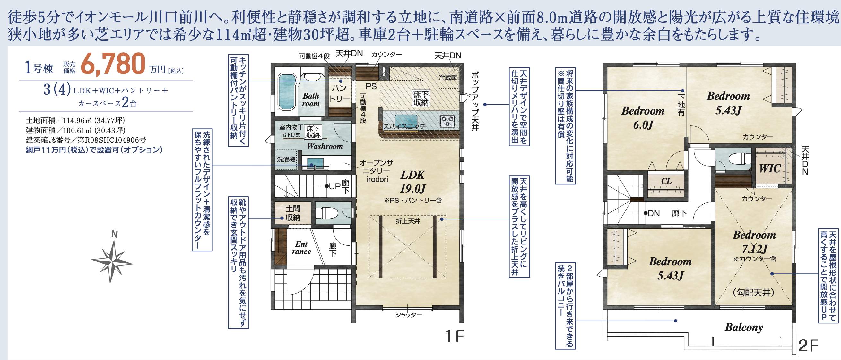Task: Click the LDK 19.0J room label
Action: pos(413,182)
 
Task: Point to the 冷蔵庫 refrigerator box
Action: pos(447,78)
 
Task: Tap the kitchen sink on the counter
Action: pos(406,119)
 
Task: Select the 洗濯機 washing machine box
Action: pos(286,159)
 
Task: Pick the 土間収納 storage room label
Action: pos(292,213)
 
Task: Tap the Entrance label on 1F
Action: pos(301,248)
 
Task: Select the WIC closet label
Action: pos(770,168)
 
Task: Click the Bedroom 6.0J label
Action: pos(643,117)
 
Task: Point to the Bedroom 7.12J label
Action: pos(754,242)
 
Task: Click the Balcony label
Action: pos(744,327)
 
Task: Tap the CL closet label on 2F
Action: pos(666,181)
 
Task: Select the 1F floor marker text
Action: pos(455,337)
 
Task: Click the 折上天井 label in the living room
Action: pos(408,221)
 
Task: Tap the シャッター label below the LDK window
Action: pos(408,315)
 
